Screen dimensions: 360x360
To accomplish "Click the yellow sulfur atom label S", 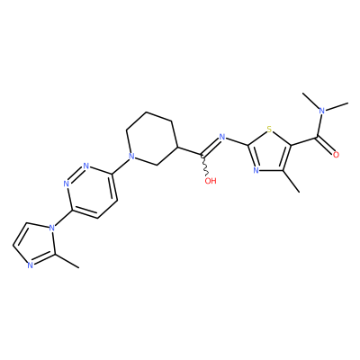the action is [x=269, y=130].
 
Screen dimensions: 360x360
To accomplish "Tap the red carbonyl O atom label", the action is [x=336, y=155].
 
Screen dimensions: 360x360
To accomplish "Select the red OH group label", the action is [x=211, y=181].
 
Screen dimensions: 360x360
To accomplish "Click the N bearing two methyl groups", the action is [x=322, y=111].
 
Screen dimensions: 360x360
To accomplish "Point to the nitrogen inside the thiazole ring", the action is [x=256, y=170].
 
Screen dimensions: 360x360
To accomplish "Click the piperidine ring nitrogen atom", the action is [x=130, y=156].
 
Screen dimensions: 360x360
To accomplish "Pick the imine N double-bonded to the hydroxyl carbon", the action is [x=222, y=137].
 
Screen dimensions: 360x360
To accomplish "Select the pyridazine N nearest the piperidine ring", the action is [x=86, y=166].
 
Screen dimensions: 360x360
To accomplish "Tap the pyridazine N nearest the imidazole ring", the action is [x=67, y=184].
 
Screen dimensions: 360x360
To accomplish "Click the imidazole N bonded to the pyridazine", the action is [x=52, y=228].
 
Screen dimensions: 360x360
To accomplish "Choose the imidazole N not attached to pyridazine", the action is [x=30, y=265].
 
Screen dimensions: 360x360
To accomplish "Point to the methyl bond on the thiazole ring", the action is [x=291, y=181].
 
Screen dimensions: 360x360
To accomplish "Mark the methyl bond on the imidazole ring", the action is [x=67, y=261].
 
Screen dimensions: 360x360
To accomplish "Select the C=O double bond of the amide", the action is [x=325, y=146].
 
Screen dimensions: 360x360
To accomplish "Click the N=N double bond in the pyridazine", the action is [x=76, y=175].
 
